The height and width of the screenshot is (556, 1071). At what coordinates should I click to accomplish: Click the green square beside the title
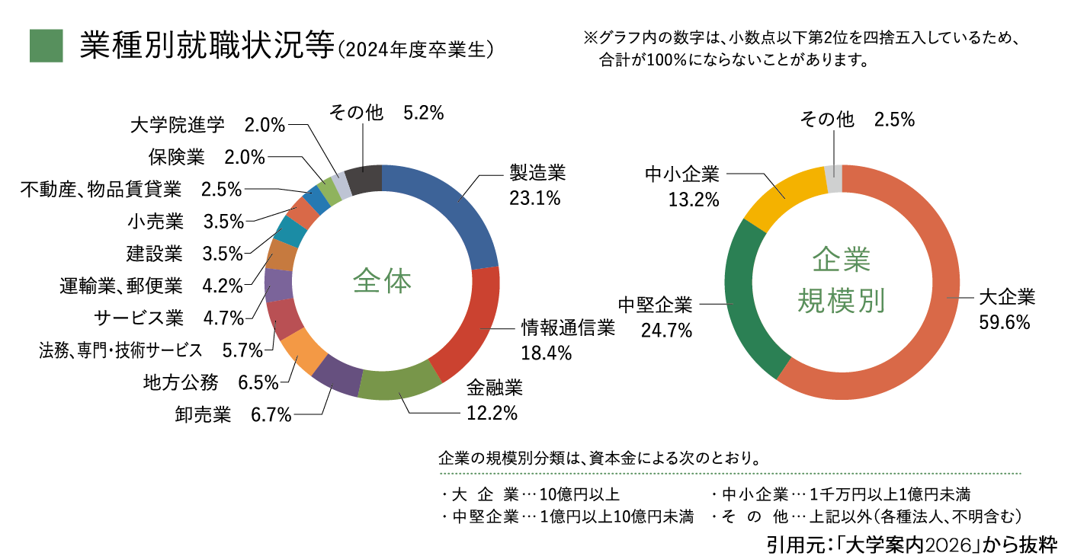point(45,46)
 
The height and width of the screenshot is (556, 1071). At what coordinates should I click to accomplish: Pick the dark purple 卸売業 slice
point(335,377)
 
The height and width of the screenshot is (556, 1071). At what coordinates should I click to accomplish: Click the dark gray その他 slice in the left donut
point(364,181)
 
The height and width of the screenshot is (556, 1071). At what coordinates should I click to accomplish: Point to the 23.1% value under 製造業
point(534,200)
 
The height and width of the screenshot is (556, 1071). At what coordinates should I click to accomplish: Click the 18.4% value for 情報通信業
point(547,353)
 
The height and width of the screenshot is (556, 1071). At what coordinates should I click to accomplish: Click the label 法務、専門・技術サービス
point(120,350)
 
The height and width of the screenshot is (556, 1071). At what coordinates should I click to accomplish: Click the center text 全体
point(382,282)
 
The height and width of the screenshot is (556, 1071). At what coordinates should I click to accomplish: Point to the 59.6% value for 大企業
point(1004,323)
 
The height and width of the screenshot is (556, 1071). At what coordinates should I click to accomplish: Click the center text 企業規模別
point(842,281)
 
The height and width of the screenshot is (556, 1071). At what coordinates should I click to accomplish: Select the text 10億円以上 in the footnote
point(579,494)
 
